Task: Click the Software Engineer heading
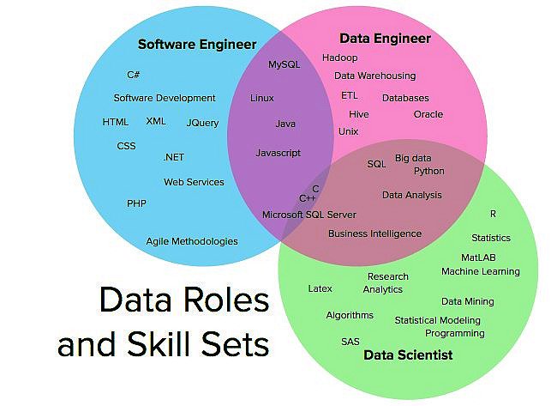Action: click(x=197, y=44)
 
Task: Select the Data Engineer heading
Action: click(x=385, y=39)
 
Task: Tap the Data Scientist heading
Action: click(x=408, y=354)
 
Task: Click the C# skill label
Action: click(x=134, y=76)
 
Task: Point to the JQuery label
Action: click(x=202, y=123)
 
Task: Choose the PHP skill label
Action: click(x=136, y=203)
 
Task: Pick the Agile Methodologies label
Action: click(x=192, y=241)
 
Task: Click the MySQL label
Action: click(x=284, y=64)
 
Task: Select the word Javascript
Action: click(x=278, y=153)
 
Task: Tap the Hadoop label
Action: click(x=340, y=58)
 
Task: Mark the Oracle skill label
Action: click(x=428, y=114)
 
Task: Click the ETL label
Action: click(x=350, y=95)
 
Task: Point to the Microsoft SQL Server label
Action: click(x=309, y=215)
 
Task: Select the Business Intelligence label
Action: click(x=374, y=233)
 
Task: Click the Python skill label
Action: click(x=428, y=171)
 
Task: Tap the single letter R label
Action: click(x=493, y=213)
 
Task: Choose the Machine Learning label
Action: click(x=480, y=271)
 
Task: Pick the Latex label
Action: click(x=320, y=288)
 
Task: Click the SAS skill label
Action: click(x=350, y=342)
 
